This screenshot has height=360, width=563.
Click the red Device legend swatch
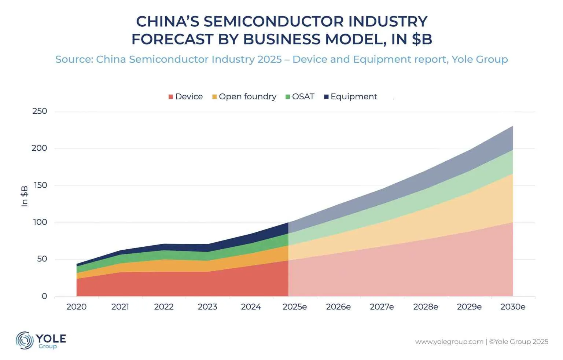point(171,97)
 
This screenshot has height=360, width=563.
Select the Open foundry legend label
point(247,96)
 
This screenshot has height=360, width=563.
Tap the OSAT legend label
point(303,96)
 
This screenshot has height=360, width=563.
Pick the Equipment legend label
point(354,96)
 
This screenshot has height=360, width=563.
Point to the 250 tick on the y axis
point(40,111)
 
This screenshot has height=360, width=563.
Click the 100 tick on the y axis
point(40,222)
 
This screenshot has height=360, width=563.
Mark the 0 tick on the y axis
point(44,296)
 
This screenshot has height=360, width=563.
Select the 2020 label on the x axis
point(76,307)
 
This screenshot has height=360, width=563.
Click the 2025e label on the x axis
point(295,307)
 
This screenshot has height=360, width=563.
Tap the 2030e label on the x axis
point(513,307)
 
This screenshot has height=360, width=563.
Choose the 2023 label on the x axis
point(207,307)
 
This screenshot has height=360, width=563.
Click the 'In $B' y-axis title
point(25,196)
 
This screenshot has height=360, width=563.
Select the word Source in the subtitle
point(73,59)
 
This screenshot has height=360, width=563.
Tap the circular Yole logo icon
point(25,340)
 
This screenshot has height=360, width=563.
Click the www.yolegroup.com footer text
point(449,342)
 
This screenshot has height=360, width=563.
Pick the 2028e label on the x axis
point(426,307)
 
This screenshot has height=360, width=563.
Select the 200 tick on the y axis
point(40,148)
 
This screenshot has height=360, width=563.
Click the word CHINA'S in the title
point(168,22)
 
